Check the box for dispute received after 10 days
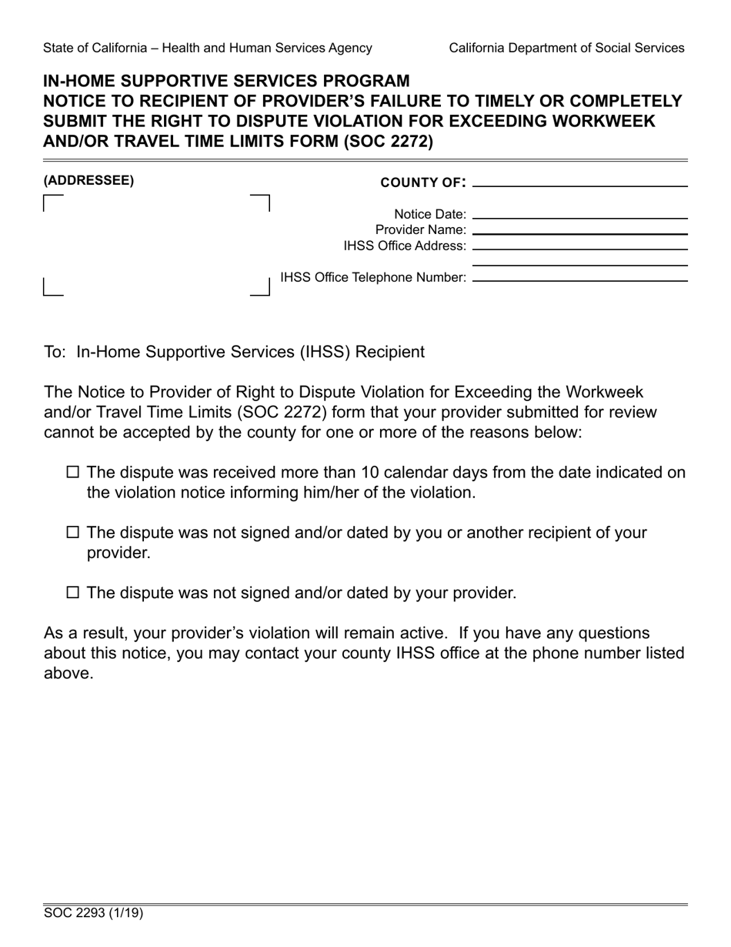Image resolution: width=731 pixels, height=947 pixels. coord(73,473)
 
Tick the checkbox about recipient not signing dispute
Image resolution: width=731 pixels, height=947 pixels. coord(73,532)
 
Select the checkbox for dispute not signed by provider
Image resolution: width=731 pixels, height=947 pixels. coord(73,592)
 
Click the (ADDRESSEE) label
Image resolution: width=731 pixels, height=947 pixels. coord(88,181)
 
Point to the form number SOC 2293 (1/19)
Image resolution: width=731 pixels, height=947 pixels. coord(93,914)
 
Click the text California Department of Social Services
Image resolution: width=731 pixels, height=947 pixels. coord(566,48)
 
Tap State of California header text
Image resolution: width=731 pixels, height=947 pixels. coord(208,48)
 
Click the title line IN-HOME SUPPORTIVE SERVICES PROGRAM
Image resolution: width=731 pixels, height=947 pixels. coord(227,81)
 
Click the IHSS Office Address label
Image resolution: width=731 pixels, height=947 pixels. coord(405,246)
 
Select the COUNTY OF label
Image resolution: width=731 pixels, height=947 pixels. coord(422,182)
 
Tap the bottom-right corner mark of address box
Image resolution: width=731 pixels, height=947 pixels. coord(265,291)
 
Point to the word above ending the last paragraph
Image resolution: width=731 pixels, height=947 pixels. coord(68,673)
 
